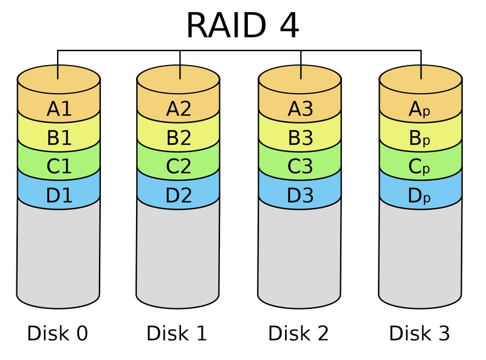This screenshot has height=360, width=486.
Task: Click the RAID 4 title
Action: (242, 26)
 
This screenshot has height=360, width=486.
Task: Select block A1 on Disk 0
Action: (59, 109)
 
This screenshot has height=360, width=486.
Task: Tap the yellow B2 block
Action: (179, 138)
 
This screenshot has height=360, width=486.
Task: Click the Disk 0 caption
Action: (58, 333)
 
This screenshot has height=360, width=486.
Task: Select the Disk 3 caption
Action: (420, 333)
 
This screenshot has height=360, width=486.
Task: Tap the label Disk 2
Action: (299, 333)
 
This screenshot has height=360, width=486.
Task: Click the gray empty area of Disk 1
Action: (179, 255)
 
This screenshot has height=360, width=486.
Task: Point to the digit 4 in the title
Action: (286, 26)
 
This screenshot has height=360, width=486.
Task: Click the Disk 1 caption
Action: (177, 333)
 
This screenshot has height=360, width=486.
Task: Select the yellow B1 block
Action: (59, 138)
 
